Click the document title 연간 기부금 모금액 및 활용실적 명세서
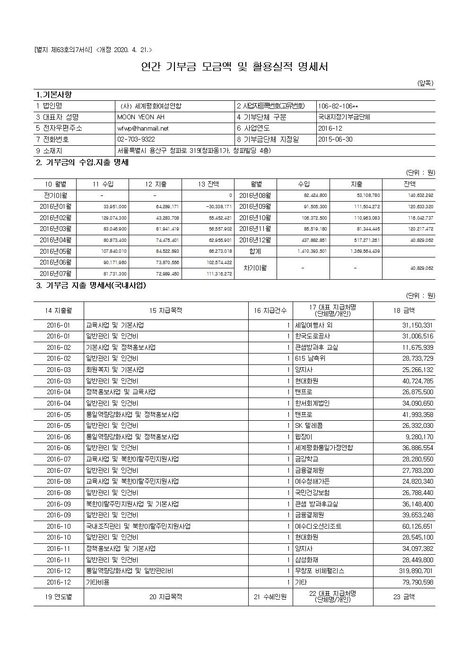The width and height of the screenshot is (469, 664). click(234, 67)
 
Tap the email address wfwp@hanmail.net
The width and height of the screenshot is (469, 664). click(143, 128)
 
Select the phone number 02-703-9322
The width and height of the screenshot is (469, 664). click(136, 140)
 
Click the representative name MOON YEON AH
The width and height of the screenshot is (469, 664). click(141, 117)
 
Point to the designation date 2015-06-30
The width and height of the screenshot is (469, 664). click(335, 140)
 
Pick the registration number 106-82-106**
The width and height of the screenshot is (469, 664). click(338, 106)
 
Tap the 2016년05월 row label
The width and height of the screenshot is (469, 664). click(55, 251)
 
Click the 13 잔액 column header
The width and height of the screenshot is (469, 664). click(208, 184)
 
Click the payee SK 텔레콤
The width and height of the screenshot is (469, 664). click(309, 425)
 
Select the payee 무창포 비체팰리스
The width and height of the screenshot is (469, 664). click(320, 571)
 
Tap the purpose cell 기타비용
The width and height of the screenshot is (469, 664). click(97, 582)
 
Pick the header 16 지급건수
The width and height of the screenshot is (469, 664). click(270, 311)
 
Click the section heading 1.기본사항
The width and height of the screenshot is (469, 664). click(54, 95)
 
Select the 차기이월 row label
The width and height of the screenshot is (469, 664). click(255, 268)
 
